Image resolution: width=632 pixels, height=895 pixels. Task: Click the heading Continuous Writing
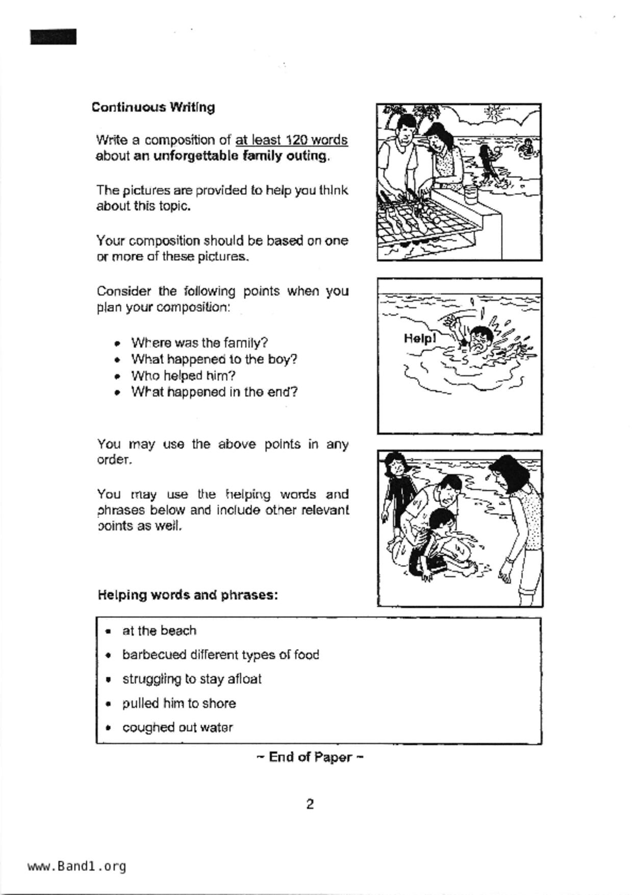click(x=153, y=107)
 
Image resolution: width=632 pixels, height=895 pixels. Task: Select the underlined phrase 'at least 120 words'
click(x=291, y=140)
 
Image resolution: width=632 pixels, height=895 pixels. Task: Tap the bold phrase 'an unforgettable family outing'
click(x=231, y=156)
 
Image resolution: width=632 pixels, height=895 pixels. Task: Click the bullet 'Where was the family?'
click(x=199, y=342)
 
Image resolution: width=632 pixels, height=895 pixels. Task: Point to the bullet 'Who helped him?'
click(x=183, y=376)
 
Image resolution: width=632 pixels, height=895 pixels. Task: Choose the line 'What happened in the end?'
click(x=214, y=392)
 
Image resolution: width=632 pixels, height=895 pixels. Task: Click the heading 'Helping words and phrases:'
click(x=187, y=595)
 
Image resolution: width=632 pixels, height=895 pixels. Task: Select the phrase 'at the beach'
click(x=159, y=631)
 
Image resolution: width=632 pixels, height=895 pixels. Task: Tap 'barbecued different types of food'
click(x=220, y=655)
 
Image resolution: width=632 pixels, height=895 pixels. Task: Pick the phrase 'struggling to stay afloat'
click(x=192, y=679)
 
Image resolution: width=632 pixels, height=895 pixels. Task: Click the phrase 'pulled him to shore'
click(x=179, y=703)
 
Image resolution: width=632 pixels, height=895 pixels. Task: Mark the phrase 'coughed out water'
click(x=178, y=727)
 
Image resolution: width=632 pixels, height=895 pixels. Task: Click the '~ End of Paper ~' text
click(x=310, y=757)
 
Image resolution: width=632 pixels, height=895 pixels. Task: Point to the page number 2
click(x=310, y=804)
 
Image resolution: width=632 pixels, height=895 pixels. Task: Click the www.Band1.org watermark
click(x=77, y=866)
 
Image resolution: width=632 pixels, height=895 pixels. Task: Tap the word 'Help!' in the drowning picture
click(x=419, y=338)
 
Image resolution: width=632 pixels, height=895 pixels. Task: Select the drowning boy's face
click(x=481, y=339)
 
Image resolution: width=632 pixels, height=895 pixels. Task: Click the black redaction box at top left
click(x=53, y=37)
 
